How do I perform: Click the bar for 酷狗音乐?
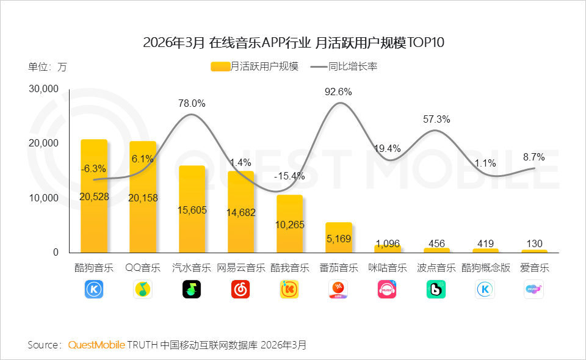[94, 196]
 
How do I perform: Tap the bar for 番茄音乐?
[339, 237]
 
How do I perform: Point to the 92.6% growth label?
[339, 92]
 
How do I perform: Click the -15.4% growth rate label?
[289, 176]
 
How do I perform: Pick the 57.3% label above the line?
[436, 120]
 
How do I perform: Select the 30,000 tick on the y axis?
[43, 89]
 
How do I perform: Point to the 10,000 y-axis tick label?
[43, 198]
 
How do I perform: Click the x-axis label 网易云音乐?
[241, 268]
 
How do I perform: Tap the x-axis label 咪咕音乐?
[388, 268]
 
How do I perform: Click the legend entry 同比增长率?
[344, 67]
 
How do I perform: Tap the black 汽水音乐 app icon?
[192, 289]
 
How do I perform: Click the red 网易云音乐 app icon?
[241, 289]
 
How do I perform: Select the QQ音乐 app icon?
[143, 289]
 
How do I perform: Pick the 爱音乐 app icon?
[534, 289]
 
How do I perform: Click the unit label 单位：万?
[48, 67]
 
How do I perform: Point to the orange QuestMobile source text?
[96, 345]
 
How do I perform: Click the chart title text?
[293, 43]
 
